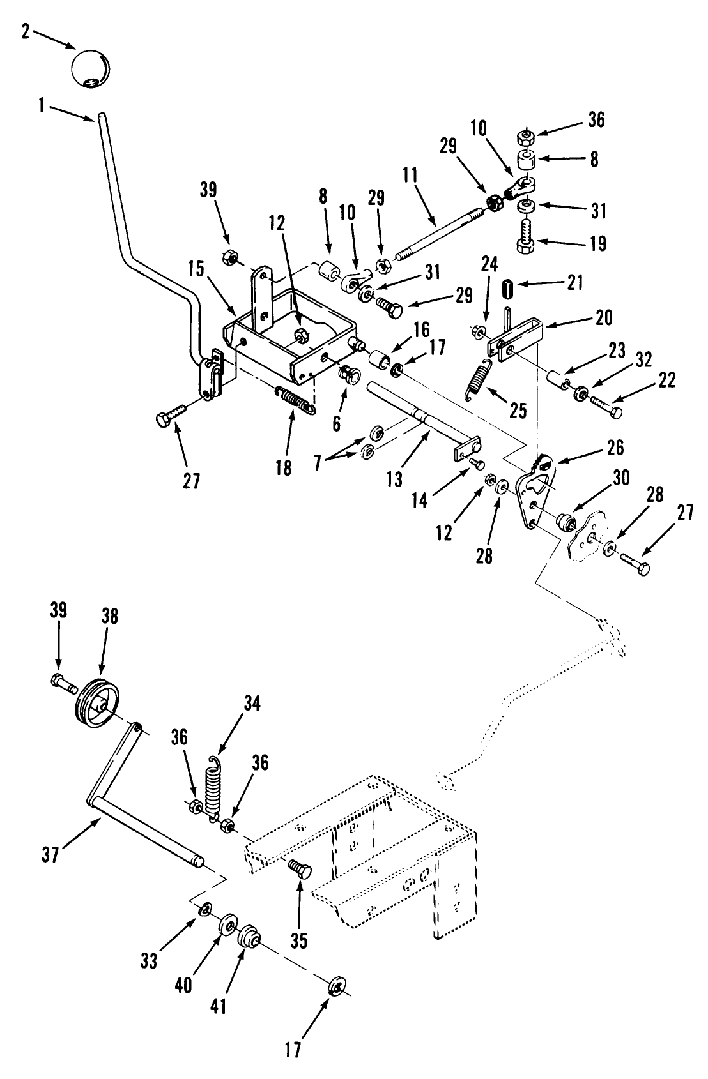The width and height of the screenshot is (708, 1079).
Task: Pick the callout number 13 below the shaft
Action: pos(394,478)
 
